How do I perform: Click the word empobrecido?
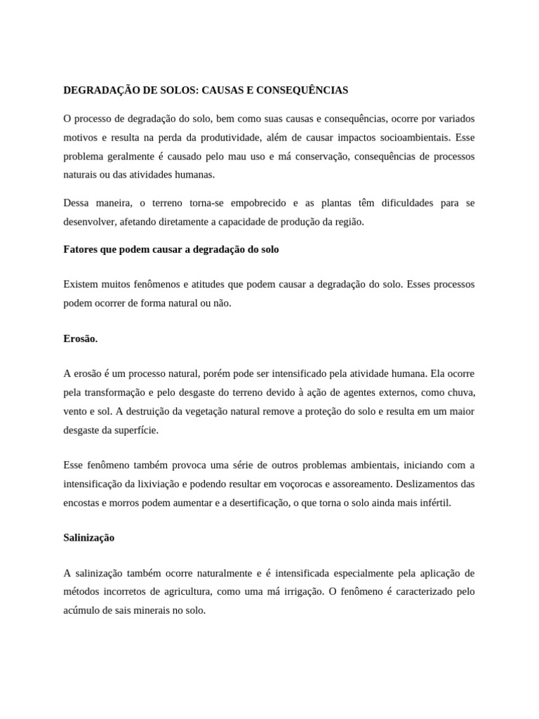tap(257, 203)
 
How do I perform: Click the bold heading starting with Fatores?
tap(171, 249)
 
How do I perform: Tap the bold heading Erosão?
tap(81, 338)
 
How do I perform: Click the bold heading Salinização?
tap(89, 537)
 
